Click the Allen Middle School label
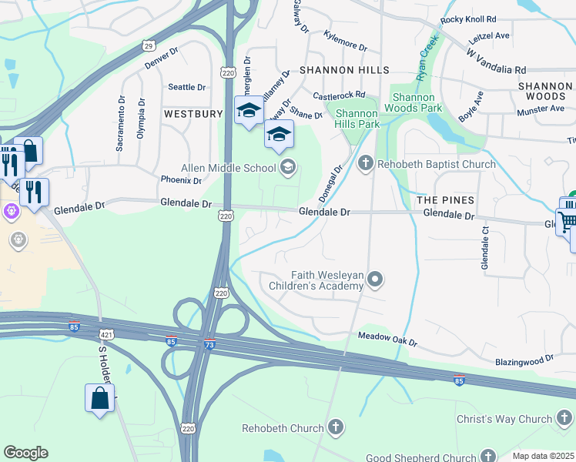(x=228, y=168)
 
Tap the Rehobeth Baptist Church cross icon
(x=366, y=163)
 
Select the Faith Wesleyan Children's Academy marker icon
(x=375, y=279)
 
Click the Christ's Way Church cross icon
(x=564, y=419)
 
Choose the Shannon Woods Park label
(x=417, y=102)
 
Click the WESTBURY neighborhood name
(x=193, y=113)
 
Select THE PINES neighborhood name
(x=445, y=199)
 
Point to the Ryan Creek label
(x=426, y=58)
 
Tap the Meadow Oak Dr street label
(x=387, y=340)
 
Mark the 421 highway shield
(x=107, y=334)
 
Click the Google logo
(x=25, y=453)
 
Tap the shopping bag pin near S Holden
(x=99, y=399)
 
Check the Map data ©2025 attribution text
(x=543, y=456)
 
